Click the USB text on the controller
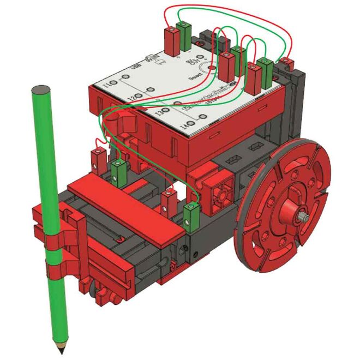click(x=139, y=69)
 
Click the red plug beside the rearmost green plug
click(x=172, y=39)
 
